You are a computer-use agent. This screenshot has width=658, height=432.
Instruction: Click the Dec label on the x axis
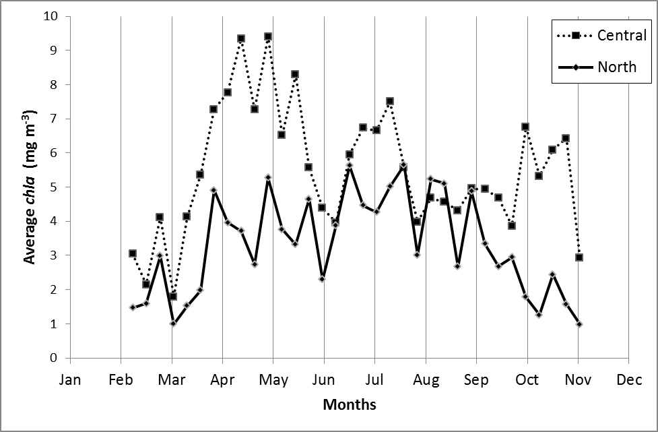(x=628, y=379)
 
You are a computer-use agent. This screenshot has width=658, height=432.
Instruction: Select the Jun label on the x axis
(x=323, y=379)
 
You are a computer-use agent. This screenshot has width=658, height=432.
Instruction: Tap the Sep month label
(x=476, y=379)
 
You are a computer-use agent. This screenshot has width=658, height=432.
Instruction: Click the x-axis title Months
(x=349, y=405)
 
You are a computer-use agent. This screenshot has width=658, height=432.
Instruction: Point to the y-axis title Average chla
(x=30, y=187)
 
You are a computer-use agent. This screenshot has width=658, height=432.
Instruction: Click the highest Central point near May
(x=268, y=36)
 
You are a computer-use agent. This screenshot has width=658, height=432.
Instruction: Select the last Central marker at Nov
(x=579, y=257)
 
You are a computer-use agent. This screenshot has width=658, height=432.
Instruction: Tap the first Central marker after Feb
(x=133, y=253)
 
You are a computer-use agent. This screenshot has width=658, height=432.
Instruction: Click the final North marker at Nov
(x=579, y=324)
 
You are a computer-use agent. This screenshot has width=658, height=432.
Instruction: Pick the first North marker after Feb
(x=133, y=307)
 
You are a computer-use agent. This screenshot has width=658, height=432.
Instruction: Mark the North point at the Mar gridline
(x=173, y=323)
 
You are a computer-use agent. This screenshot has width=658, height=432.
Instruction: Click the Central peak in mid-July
(x=390, y=101)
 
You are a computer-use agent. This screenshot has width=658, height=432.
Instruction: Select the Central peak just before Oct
(x=525, y=127)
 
